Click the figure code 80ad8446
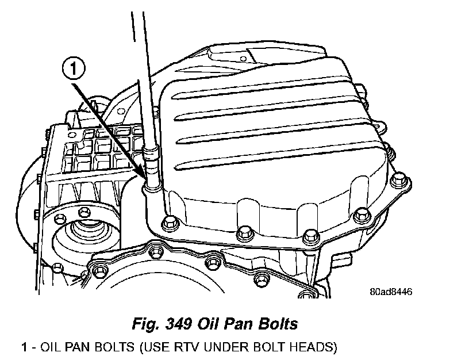coord(391,292)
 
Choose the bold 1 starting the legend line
coord(24,348)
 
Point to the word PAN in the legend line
coord(72,348)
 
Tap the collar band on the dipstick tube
coord(150,154)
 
